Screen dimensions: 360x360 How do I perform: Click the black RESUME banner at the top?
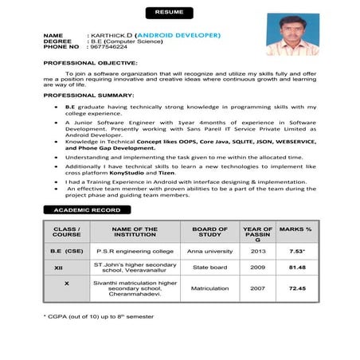(169, 14)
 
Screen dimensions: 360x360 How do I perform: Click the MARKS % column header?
(296, 229)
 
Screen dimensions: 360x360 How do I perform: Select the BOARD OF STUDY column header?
(209, 232)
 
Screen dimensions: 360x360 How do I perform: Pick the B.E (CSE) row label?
(67, 251)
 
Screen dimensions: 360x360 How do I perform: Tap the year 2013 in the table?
(257, 251)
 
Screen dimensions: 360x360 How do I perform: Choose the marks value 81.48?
(296, 268)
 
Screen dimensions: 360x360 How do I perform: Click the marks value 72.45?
(296, 288)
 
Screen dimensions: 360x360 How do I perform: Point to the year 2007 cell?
(257, 288)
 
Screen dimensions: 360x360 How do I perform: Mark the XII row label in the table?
(67, 268)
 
